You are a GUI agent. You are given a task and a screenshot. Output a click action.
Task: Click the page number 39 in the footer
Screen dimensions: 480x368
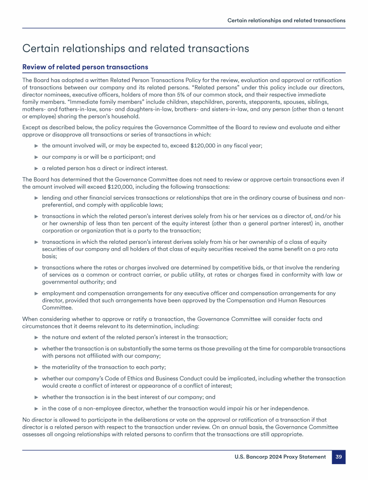[338, 457]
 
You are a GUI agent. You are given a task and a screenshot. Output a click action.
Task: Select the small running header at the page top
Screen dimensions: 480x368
[286, 21]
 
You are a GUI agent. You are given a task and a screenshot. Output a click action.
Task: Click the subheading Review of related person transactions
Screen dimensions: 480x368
[85, 67]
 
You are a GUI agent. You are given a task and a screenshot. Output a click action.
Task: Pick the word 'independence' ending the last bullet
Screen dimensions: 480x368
[290, 408]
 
